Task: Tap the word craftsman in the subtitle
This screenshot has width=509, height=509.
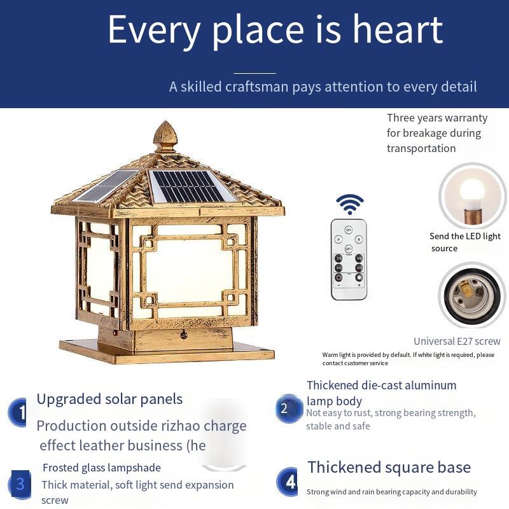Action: coord(256,87)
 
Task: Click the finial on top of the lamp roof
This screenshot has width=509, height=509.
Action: coord(165,137)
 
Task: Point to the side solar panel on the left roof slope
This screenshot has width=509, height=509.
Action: coord(106,186)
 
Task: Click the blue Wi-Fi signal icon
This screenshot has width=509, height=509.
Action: coord(349,204)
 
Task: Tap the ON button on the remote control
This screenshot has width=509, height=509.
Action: coord(348,230)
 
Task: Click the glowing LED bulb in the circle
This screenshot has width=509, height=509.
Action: coord(471,195)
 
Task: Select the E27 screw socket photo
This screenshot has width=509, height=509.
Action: coord(471,295)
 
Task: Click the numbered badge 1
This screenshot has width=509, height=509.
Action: coord(18,412)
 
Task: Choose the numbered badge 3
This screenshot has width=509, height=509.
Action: coord(20,484)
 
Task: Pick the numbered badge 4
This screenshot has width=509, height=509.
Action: coord(288,482)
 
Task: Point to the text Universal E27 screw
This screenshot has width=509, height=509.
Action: coord(457,341)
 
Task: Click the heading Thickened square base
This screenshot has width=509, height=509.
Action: coord(389,468)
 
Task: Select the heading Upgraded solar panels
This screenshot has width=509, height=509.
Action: coord(109,400)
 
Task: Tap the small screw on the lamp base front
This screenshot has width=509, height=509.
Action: coord(183,335)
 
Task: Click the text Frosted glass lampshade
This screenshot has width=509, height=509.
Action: coord(102,468)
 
